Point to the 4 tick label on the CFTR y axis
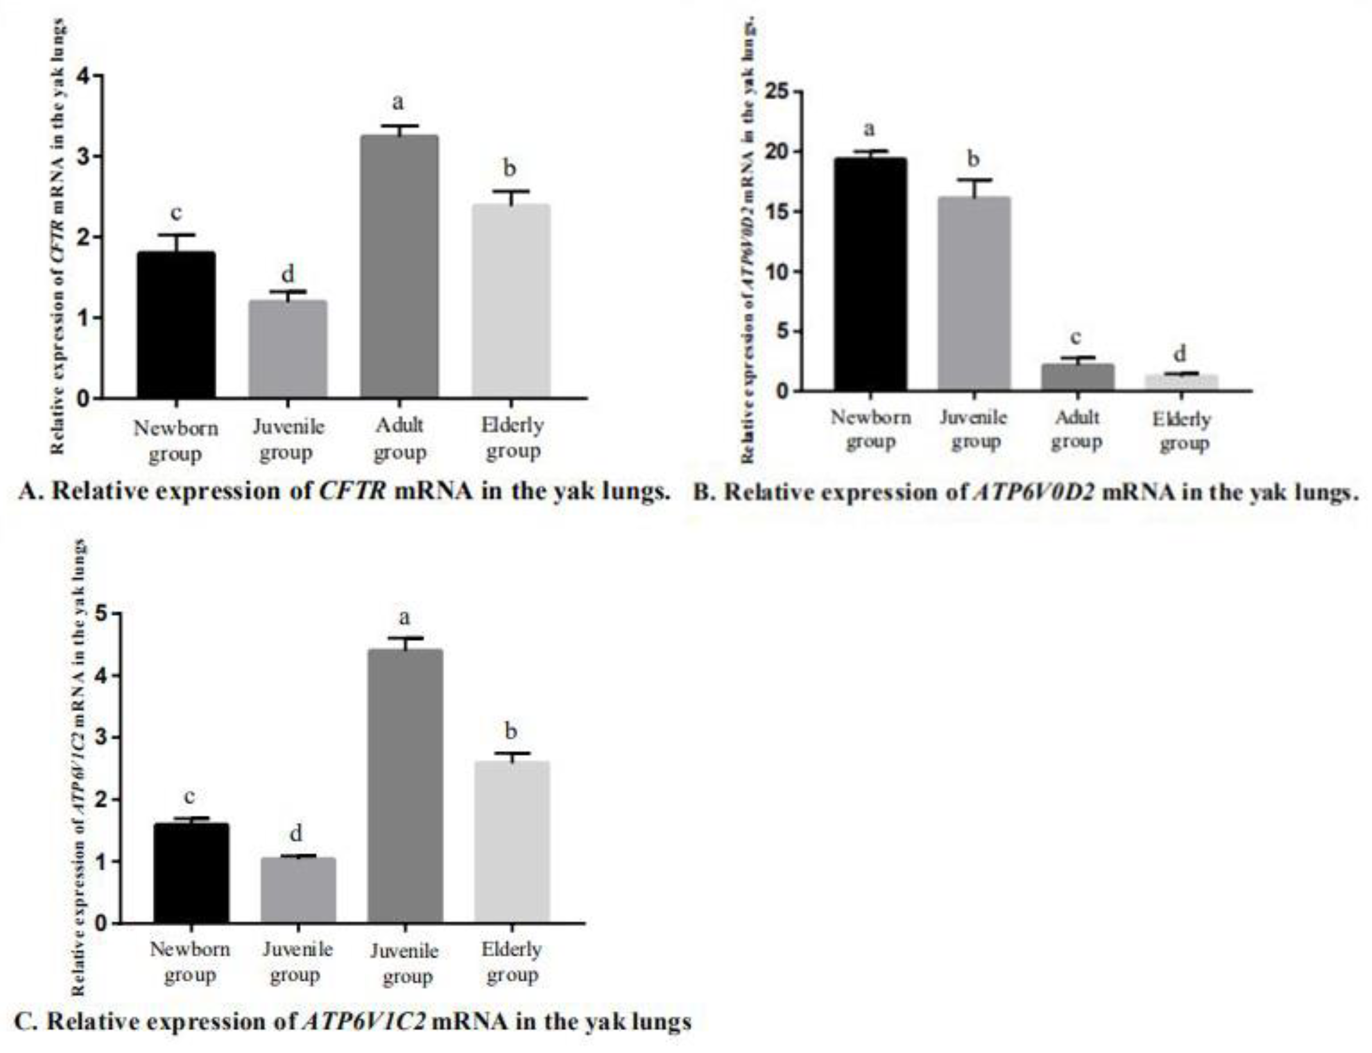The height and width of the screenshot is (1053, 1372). [83, 76]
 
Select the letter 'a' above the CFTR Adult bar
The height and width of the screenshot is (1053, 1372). [398, 102]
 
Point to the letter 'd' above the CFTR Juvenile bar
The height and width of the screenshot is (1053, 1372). [287, 274]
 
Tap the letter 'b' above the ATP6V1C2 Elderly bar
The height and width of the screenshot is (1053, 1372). [511, 731]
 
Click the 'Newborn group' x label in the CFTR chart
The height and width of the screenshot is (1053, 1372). [176, 440]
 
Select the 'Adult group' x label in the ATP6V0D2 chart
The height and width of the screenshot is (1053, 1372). [1077, 430]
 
